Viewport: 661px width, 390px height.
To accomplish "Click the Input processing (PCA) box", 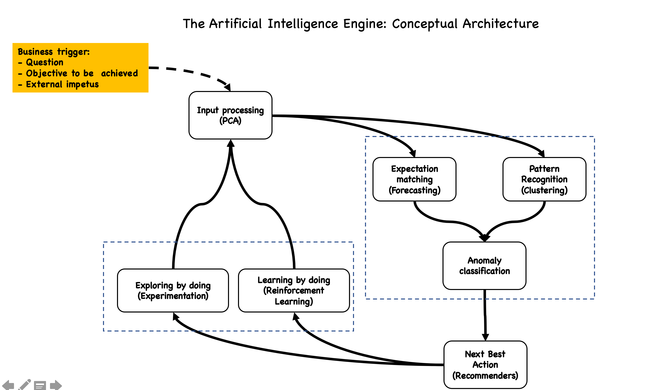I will [x=230, y=115].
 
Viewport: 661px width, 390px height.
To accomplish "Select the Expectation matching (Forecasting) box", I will [x=414, y=179].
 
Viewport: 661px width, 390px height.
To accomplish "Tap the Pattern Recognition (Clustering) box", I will [x=544, y=179].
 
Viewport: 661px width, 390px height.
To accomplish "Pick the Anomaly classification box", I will [x=484, y=266].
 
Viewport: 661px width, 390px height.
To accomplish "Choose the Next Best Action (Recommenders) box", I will [x=485, y=364].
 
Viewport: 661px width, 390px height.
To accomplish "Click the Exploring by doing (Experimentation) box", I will [x=173, y=290].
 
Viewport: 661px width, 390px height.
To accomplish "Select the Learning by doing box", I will [x=294, y=290].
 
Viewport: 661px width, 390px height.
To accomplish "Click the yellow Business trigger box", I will [x=80, y=67].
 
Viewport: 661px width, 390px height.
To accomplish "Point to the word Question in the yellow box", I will [x=45, y=62].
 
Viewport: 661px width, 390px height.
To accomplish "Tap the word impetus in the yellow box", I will [x=82, y=84].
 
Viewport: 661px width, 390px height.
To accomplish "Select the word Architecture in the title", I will [x=500, y=24].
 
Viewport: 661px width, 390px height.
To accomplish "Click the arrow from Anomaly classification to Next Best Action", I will [x=485, y=315].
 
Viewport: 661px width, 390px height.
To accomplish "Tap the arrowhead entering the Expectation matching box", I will [x=412, y=153].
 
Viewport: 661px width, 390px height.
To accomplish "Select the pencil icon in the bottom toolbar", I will [x=24, y=385].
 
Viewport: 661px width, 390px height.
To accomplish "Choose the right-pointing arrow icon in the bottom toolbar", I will [x=56, y=385].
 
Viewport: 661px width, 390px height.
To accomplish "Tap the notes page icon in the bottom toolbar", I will [x=40, y=385].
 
